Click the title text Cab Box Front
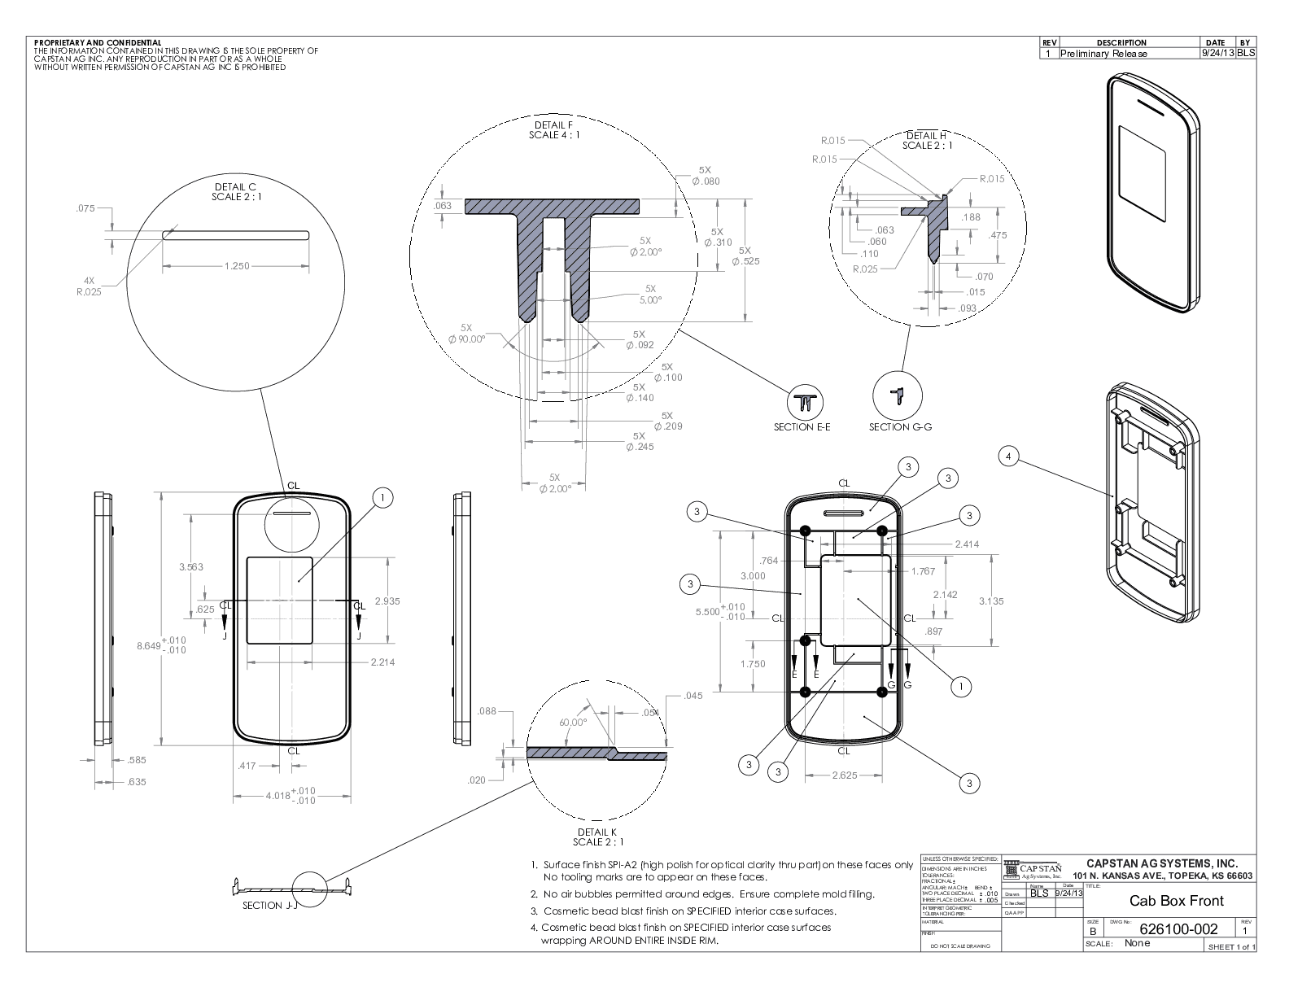tap(1176, 901)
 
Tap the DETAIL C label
tap(235, 186)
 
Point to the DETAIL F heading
tap(554, 124)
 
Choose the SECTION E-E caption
tap(802, 427)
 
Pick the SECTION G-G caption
tap(900, 427)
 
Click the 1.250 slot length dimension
tap(236, 266)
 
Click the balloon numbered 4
tap(1009, 457)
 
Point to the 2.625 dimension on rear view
tap(844, 775)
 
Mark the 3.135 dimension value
tap(991, 601)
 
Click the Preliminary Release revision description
tap(1103, 54)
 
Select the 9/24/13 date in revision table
tap(1217, 53)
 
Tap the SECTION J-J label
tap(264, 906)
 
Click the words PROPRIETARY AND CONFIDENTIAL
tap(98, 42)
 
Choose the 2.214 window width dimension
tap(382, 662)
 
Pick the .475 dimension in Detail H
tap(998, 235)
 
